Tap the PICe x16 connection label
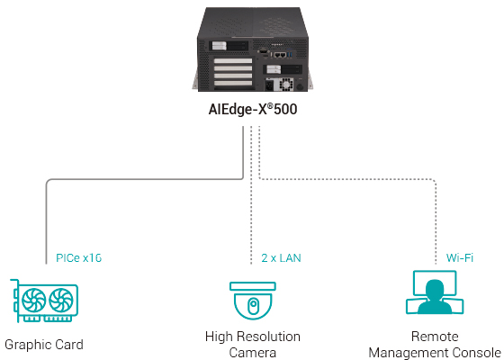78,258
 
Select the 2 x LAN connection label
280,258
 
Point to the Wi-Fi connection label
460,258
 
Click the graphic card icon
43,300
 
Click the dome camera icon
252,300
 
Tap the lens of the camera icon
252,306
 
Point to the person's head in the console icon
436,289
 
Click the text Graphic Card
44,345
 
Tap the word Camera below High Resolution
252,352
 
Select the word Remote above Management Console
435,337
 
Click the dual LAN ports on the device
280,54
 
